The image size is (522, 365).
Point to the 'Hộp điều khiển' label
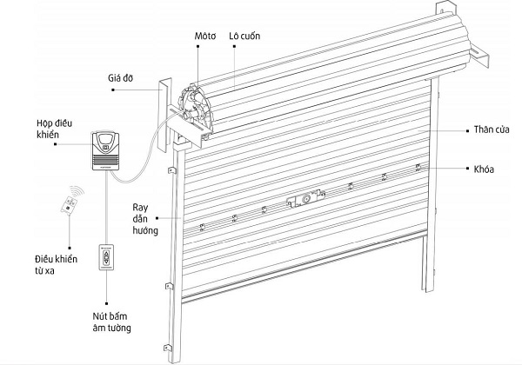(x=55, y=131)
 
